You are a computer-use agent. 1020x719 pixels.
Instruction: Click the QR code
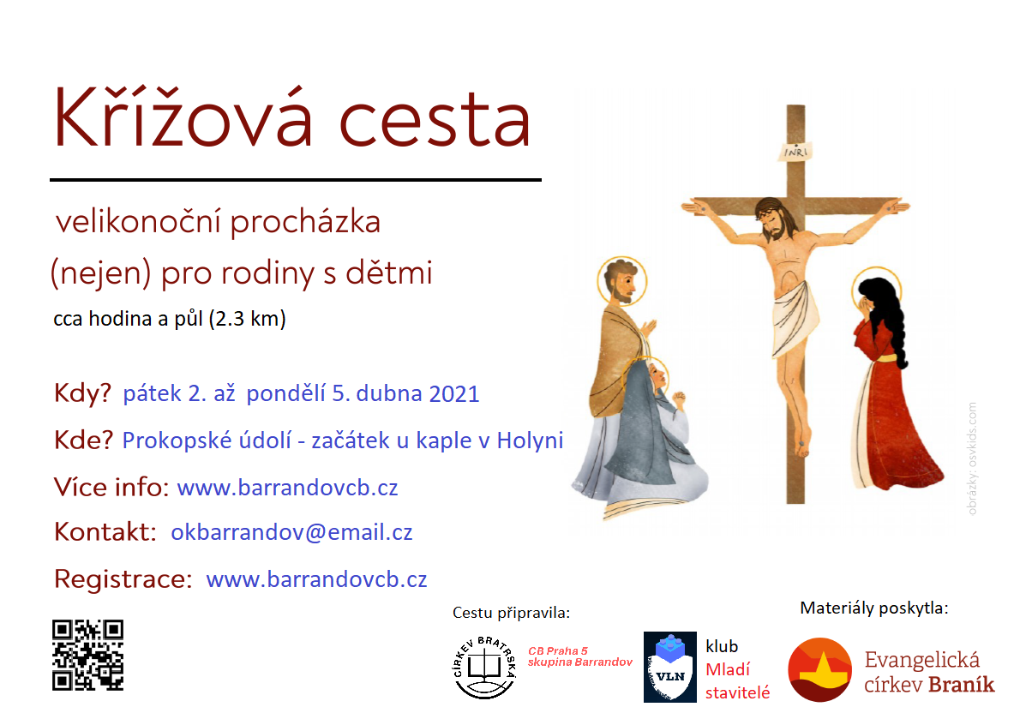[87, 655]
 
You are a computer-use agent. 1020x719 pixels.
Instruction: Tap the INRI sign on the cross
[795, 152]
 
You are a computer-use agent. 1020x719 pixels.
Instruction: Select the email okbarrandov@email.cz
[291, 532]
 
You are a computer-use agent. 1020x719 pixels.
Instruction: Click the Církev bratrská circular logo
[484, 668]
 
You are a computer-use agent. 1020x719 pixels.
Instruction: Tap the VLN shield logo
[670, 667]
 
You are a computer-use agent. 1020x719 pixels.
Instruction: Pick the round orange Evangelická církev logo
[819, 669]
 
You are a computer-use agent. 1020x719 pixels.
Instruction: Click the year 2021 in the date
[454, 394]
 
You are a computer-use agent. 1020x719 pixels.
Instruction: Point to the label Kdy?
[82, 393]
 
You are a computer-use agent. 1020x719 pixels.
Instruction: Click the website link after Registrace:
[316, 578]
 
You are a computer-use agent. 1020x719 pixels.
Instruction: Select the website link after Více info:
[287, 487]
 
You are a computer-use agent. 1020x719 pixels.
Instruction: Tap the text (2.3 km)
[248, 319]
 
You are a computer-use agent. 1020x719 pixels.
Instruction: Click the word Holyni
[530, 440]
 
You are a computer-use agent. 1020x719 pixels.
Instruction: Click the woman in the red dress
[892, 384]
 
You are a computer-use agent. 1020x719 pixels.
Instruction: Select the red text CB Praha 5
[557, 650]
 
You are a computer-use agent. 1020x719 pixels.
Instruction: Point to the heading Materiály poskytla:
[874, 608]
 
